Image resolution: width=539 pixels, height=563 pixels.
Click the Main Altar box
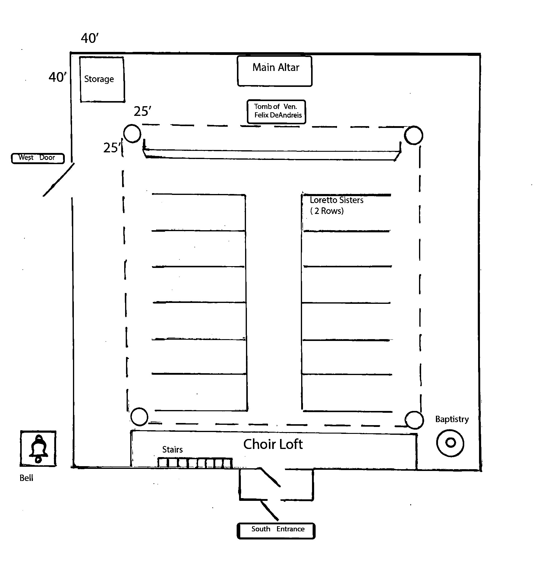coord(275,71)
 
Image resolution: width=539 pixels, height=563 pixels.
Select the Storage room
coord(102,79)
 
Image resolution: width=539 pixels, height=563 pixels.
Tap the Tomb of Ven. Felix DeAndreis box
coord(276,112)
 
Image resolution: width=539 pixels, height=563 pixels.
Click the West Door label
coord(38,158)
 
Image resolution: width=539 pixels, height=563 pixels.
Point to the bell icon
coord(38,448)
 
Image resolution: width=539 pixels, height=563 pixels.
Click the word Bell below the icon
coord(26,478)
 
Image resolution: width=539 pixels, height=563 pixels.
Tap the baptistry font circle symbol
coord(450,443)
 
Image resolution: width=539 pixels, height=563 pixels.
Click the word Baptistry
coord(452,419)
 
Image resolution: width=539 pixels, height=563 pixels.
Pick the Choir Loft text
coord(273,444)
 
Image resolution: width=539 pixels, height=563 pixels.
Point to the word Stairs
coord(172,450)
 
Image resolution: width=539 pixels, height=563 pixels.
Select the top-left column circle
coord(132,133)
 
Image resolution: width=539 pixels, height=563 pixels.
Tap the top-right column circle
coord(414,135)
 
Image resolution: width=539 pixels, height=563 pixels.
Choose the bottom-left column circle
coord(139,417)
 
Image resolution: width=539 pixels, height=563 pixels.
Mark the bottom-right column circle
coord(414,420)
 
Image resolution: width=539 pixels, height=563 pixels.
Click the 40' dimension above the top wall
coord(90,38)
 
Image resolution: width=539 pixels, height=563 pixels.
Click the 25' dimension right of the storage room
coord(142,111)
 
